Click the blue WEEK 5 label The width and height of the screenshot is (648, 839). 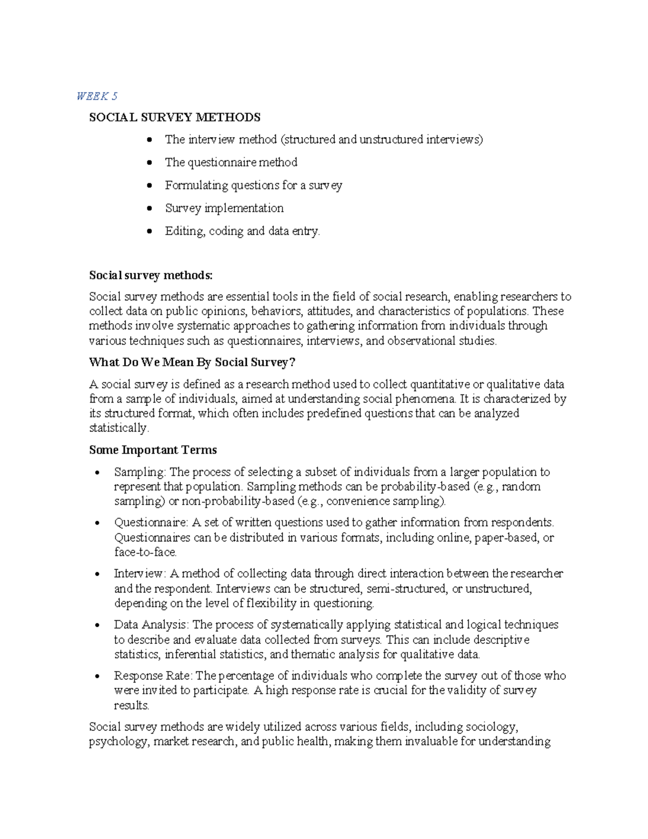(x=97, y=96)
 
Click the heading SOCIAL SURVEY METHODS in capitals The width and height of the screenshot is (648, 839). (x=174, y=117)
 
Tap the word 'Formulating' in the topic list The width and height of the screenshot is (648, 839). (x=197, y=185)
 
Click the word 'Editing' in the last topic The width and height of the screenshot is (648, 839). (x=184, y=231)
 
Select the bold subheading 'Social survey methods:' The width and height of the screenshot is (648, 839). (x=151, y=276)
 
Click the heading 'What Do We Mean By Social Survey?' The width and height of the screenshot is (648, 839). (x=192, y=362)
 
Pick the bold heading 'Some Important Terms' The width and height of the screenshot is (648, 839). (x=153, y=450)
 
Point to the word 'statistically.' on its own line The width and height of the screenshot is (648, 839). (x=118, y=428)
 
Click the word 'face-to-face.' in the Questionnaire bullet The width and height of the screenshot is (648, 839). (x=145, y=552)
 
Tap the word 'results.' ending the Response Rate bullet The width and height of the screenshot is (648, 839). (x=131, y=705)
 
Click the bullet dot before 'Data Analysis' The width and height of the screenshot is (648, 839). (x=97, y=626)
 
